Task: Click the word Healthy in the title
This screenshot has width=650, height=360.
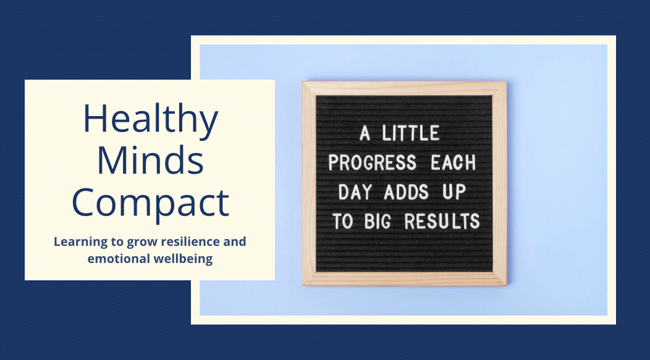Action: point(151,120)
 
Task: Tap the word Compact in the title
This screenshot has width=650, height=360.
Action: point(151,204)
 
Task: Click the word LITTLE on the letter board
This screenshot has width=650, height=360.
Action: point(410,133)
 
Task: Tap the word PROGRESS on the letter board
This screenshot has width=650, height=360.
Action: point(372,162)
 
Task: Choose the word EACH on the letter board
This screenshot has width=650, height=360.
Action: point(453,162)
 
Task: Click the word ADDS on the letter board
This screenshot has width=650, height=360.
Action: point(406,192)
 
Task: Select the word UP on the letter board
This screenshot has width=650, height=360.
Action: point(454,192)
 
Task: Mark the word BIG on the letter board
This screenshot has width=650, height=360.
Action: point(378,221)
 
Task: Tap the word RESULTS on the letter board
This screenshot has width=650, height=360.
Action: point(442,221)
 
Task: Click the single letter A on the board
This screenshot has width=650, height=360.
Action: point(365,133)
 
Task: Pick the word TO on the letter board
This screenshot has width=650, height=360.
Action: point(342,221)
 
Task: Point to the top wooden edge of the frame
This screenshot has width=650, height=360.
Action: point(404,88)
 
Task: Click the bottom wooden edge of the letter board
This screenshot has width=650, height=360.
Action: point(404,279)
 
